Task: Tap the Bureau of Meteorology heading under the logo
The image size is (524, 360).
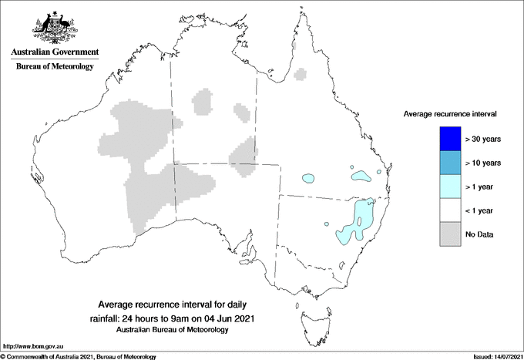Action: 54,67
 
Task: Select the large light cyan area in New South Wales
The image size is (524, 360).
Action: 356,220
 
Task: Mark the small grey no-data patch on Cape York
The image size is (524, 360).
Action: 301,74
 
